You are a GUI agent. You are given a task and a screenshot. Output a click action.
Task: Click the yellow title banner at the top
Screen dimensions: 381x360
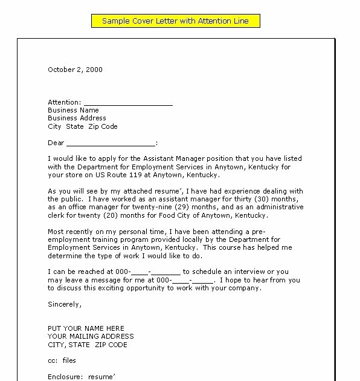175,21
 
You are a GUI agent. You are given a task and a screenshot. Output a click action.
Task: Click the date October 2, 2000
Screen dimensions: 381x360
75,70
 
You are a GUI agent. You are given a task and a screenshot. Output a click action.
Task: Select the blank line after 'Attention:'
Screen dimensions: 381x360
127,103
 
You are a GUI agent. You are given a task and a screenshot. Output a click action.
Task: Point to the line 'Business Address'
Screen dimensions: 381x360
77,119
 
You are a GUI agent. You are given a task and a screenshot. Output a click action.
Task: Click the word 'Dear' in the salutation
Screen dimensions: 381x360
56,143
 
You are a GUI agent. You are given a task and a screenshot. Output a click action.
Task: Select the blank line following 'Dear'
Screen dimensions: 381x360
111,144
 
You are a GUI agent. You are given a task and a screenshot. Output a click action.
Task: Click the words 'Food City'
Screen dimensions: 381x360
181,215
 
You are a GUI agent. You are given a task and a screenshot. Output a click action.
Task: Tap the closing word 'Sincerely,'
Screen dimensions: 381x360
63,304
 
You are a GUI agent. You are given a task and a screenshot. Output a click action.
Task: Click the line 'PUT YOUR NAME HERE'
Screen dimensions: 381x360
86,328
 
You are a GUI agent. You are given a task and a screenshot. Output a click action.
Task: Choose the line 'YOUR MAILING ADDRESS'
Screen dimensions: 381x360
91,336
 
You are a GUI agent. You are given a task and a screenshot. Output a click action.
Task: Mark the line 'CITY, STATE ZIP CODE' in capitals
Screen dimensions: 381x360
88,345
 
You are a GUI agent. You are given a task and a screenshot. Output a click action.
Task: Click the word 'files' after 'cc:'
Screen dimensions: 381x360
69,360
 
